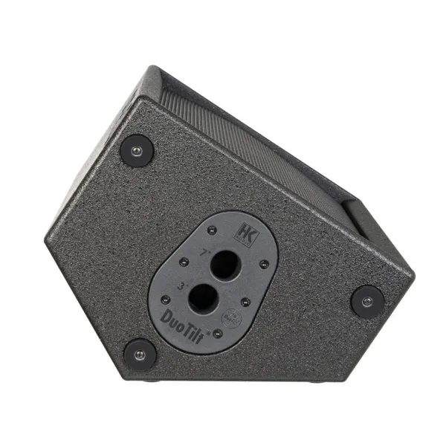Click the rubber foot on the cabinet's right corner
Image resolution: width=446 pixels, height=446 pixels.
(367, 301)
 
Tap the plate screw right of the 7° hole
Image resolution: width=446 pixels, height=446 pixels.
(264, 264)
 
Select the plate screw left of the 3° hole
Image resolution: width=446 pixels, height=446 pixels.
(165, 300)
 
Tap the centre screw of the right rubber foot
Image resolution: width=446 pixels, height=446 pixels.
(367, 301)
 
